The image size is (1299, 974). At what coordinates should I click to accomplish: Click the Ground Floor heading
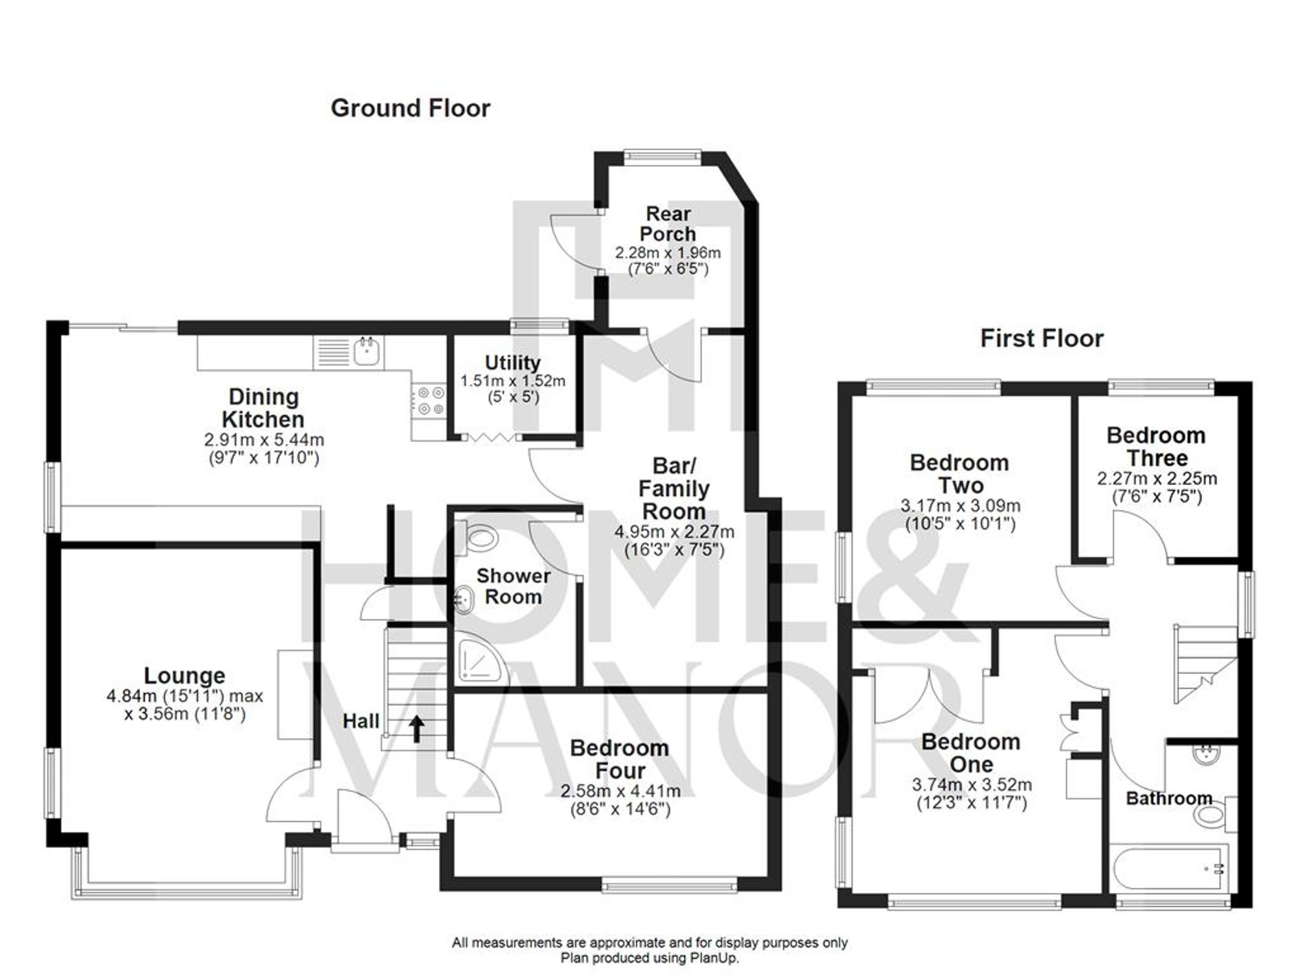point(410,108)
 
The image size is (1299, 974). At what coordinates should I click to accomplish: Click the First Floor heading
point(1041,338)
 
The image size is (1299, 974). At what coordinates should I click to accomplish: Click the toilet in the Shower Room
point(480,538)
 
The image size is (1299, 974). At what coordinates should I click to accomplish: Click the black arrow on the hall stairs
point(416,729)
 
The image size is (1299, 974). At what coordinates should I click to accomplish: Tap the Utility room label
point(512,362)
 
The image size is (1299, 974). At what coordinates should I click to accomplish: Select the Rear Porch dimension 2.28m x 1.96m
point(668,253)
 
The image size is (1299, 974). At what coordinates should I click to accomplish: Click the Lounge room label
point(184,676)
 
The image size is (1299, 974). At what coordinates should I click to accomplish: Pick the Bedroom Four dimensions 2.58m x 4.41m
point(620,792)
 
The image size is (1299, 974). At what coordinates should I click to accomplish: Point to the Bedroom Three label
point(1156,447)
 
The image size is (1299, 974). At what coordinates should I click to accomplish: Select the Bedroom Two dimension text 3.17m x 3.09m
point(960,505)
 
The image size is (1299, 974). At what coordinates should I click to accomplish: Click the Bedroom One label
point(971,753)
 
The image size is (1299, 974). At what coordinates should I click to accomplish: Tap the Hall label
point(360,721)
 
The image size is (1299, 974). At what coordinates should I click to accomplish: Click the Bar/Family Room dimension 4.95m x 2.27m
point(674,532)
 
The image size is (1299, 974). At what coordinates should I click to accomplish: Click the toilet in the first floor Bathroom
point(1212,816)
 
